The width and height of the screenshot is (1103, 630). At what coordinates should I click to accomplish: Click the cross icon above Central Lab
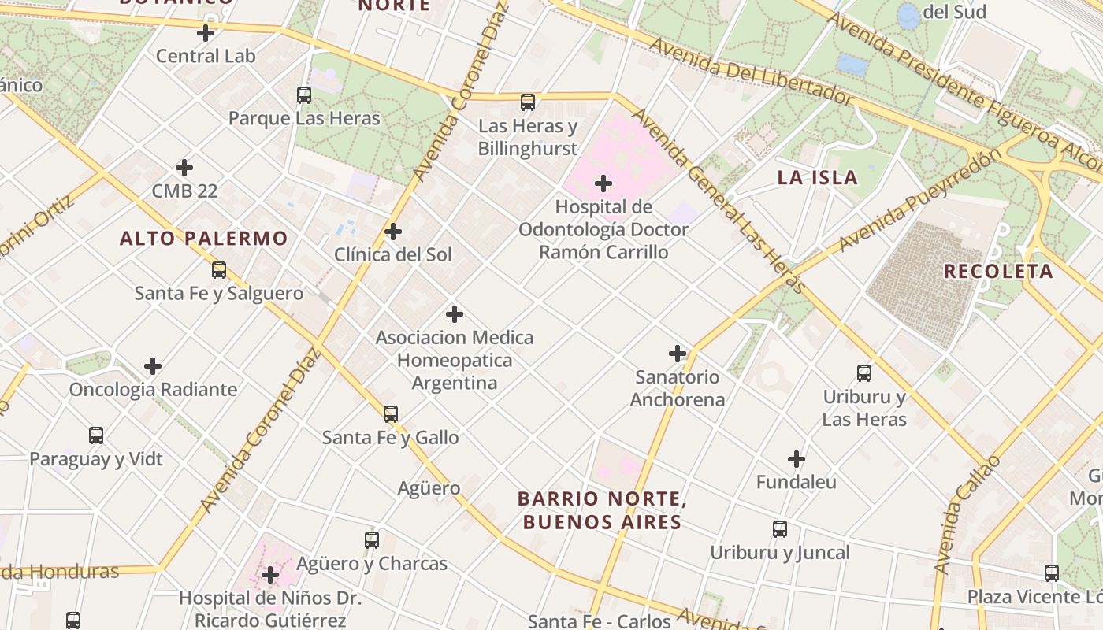pyautogui.click(x=206, y=33)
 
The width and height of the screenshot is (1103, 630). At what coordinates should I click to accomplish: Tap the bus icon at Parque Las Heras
pyautogui.click(x=304, y=95)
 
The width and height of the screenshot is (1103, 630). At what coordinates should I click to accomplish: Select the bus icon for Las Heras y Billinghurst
pyautogui.click(x=528, y=102)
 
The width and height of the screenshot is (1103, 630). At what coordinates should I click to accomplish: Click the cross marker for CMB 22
pyautogui.click(x=184, y=168)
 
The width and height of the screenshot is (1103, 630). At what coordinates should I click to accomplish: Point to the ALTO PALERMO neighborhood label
pyautogui.click(x=204, y=238)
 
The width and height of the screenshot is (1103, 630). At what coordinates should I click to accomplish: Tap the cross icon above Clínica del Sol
pyautogui.click(x=393, y=232)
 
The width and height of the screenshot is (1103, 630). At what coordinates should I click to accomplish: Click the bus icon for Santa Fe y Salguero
pyautogui.click(x=219, y=270)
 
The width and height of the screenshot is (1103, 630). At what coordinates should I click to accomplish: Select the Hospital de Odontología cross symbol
pyautogui.click(x=603, y=183)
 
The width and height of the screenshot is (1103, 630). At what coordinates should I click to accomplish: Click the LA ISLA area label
pyautogui.click(x=817, y=177)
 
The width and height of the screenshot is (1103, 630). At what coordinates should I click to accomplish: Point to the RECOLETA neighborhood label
pyautogui.click(x=998, y=272)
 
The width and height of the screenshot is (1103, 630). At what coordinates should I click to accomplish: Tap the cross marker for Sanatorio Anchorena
pyautogui.click(x=678, y=354)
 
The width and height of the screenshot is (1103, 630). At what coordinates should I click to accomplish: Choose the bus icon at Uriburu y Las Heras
pyautogui.click(x=864, y=373)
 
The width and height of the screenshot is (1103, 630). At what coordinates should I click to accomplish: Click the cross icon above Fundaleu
pyautogui.click(x=797, y=458)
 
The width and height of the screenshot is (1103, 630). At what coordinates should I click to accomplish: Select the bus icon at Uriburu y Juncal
pyautogui.click(x=780, y=529)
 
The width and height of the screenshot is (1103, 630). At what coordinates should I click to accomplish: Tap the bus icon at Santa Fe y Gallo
pyautogui.click(x=391, y=414)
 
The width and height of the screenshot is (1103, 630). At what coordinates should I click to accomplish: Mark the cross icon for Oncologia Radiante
pyautogui.click(x=153, y=366)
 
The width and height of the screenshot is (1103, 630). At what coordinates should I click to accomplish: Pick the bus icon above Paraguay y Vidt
pyautogui.click(x=96, y=435)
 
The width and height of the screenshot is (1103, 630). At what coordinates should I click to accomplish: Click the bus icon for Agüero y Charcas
pyautogui.click(x=372, y=540)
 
